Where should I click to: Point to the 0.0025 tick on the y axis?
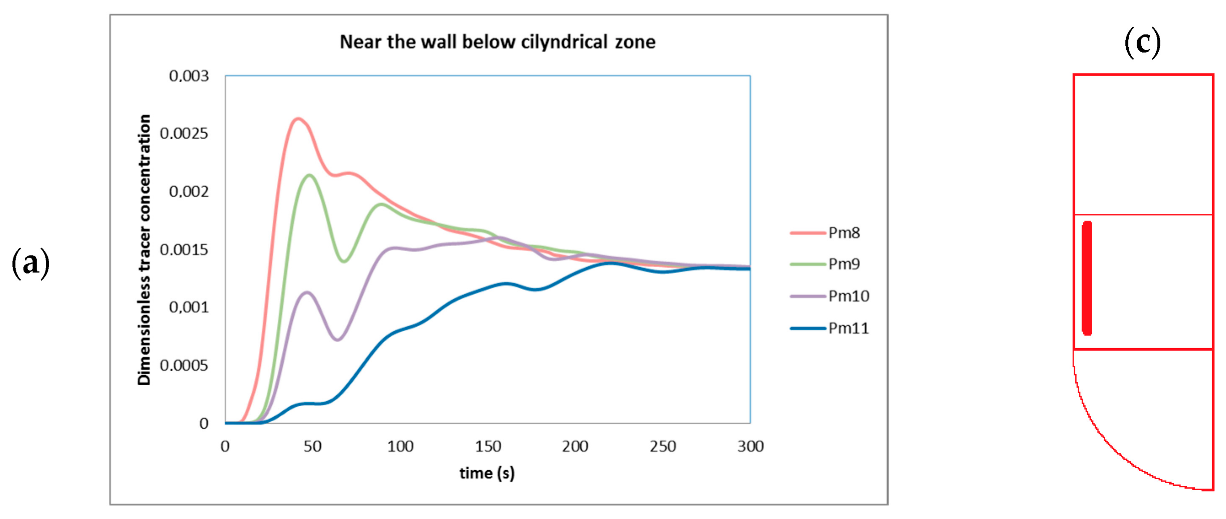(184, 133)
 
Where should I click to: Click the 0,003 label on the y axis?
(189, 76)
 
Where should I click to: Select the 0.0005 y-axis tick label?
(184, 365)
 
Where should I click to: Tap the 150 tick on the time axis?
(488, 446)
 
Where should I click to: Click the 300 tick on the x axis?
(750, 446)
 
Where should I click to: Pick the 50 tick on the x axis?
(313, 446)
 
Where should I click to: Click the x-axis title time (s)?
(487, 473)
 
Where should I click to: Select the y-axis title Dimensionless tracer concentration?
(144, 250)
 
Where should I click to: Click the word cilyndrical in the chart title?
(564, 42)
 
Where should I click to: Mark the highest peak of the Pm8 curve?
(298, 119)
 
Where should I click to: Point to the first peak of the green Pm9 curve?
(310, 175)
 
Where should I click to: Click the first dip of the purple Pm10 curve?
(338, 340)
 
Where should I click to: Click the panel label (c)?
(1142, 43)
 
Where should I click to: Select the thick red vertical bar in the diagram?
(1087, 278)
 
